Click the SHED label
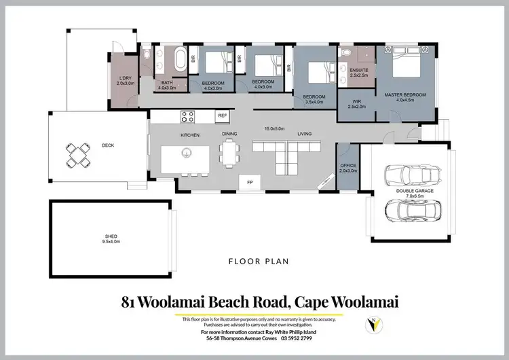point(110,237)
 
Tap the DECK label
point(108,145)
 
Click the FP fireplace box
point(249,182)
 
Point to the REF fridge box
point(223,116)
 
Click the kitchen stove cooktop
point(188,117)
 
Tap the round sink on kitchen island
point(185,153)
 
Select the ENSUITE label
point(358,70)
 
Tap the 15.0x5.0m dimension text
point(275,129)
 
